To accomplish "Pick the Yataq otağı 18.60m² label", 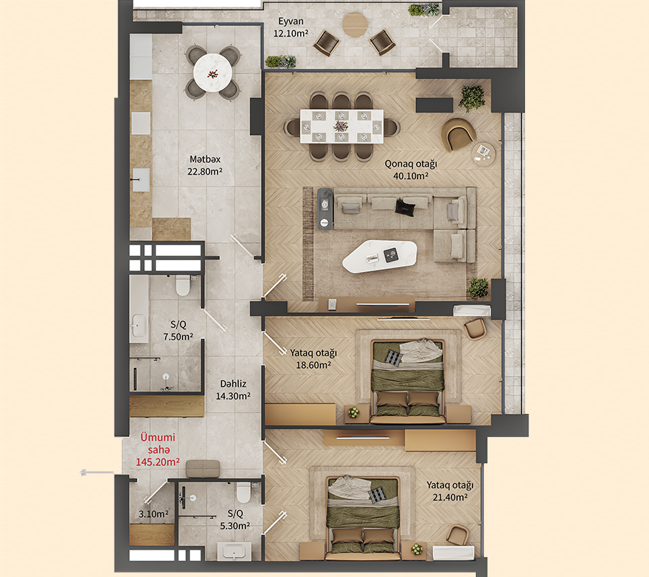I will pos(314,358).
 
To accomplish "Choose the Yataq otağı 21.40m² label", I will pos(449,491).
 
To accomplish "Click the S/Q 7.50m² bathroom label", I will pos(177,330).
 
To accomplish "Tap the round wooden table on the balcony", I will pos(354,24).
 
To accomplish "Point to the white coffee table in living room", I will pos(379,255).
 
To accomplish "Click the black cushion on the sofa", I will pos(406,208).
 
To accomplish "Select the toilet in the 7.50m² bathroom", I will pos(183,286).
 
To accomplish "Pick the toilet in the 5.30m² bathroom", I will pos(244,493).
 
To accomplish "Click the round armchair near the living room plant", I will pos(458,133).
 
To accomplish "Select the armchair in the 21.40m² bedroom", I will pos(457,536).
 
